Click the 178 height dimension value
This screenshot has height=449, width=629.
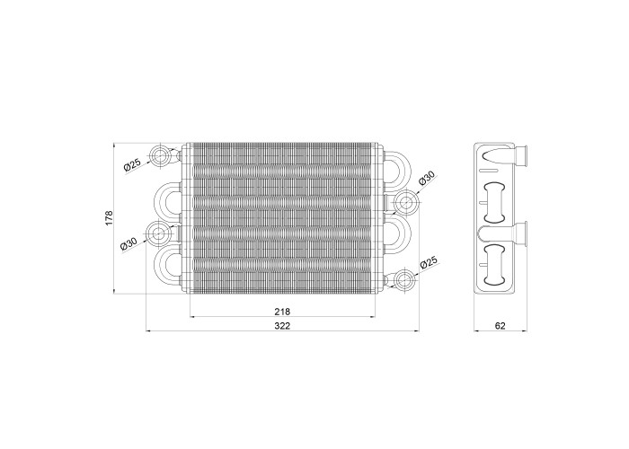(x=109, y=217)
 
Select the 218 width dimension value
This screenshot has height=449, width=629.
(x=282, y=311)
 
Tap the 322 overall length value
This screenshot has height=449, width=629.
(x=282, y=325)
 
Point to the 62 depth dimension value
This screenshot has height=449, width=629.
(x=501, y=325)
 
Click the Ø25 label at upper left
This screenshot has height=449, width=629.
(x=132, y=164)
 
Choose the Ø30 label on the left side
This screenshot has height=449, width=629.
(x=128, y=243)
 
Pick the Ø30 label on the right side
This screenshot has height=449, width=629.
(x=427, y=178)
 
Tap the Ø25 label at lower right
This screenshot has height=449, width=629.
(x=428, y=264)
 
